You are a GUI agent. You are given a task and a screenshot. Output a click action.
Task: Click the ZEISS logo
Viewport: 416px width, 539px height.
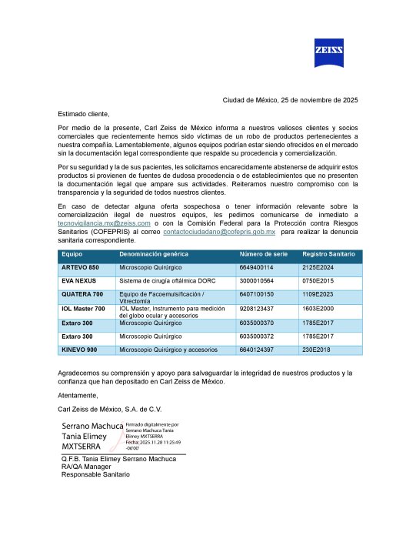point(328,51)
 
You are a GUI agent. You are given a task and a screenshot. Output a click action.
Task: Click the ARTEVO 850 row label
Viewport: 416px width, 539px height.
point(80,266)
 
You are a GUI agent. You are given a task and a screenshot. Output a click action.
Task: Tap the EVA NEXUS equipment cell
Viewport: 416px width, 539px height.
point(78,281)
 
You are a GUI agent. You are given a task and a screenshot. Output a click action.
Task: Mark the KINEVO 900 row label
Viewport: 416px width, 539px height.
point(79,350)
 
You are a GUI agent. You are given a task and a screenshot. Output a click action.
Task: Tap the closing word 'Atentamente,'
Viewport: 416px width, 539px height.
point(78,395)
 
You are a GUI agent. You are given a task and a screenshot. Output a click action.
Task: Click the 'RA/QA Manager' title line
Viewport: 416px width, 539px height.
point(87,467)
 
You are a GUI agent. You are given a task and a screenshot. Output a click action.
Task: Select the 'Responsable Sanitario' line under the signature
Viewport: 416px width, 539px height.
point(96,474)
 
